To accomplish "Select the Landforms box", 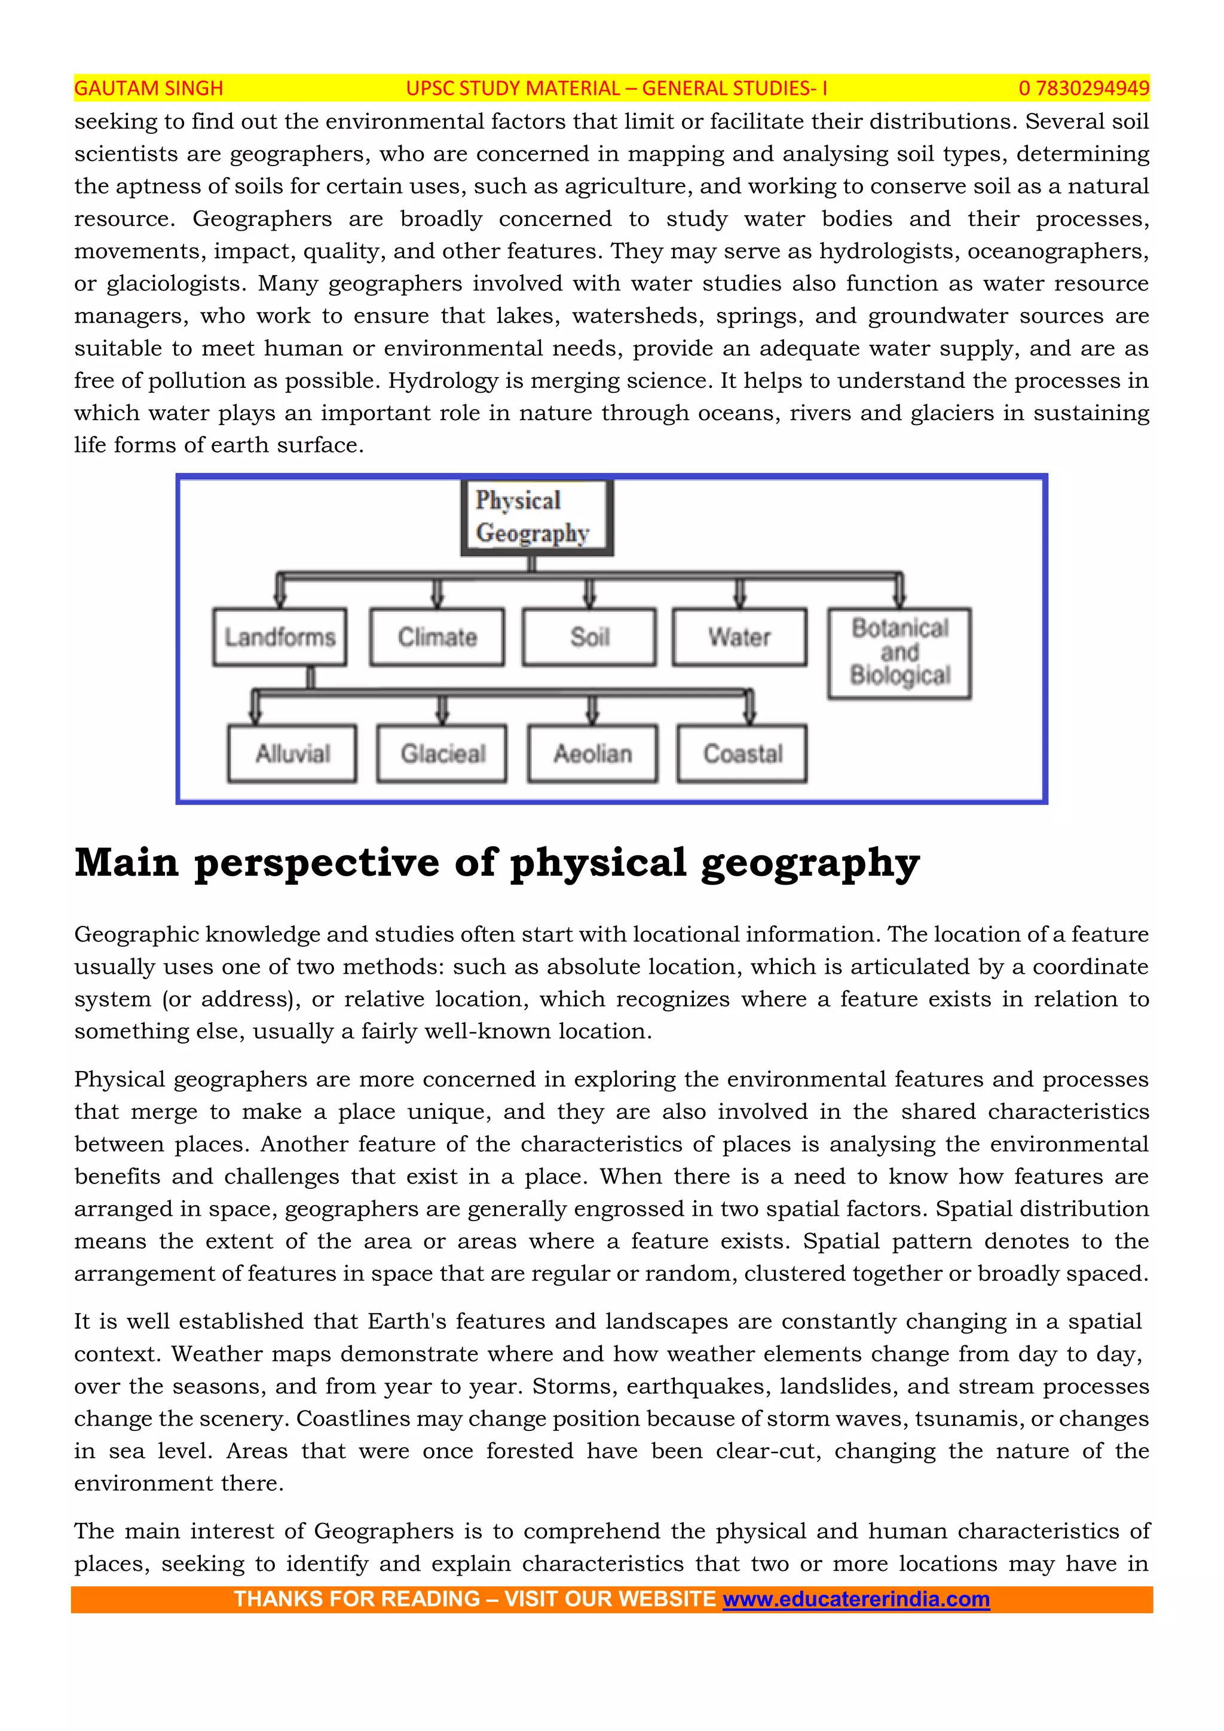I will [280, 637].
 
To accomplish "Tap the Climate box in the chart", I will [437, 637].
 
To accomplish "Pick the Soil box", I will [589, 637].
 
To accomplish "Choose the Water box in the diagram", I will [739, 637].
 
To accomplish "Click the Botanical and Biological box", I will [899, 653].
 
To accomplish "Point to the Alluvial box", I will [292, 753].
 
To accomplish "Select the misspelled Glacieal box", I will [442, 753].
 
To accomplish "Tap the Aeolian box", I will [592, 753].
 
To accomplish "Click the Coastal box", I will [742, 753].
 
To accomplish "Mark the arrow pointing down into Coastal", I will [749, 708].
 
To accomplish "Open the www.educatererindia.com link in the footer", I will [856, 1599].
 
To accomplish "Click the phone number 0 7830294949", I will [1084, 88].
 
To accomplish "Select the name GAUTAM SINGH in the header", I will [148, 88].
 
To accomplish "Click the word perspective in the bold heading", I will [317, 863].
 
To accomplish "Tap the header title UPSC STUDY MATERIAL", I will [513, 88].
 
